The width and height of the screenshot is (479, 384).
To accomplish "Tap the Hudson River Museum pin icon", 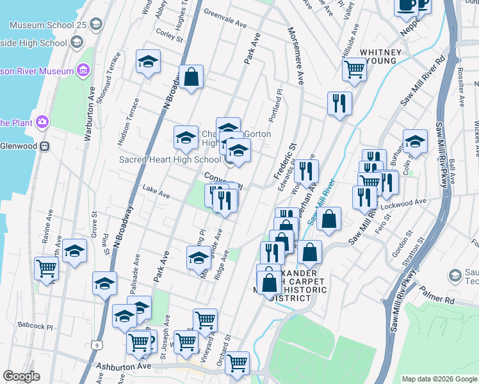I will click(x=83, y=69).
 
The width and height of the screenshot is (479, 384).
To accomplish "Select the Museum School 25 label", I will click(x=47, y=25).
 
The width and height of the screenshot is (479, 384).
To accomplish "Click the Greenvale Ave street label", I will click(x=225, y=17).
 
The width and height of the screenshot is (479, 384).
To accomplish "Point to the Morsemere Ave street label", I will click(x=296, y=57).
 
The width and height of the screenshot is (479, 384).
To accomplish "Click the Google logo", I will click(x=22, y=376).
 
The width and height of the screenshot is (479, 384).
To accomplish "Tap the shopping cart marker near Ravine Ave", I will click(x=47, y=269).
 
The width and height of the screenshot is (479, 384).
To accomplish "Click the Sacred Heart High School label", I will click(x=170, y=159).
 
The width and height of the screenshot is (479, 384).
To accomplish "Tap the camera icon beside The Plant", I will click(x=42, y=121).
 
